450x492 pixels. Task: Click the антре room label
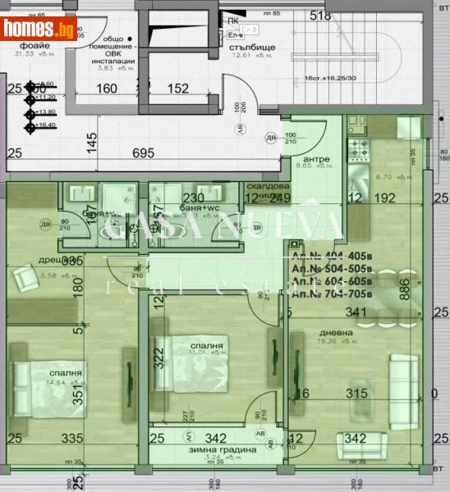[x=316, y=158]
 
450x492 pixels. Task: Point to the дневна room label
[x=336, y=333]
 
